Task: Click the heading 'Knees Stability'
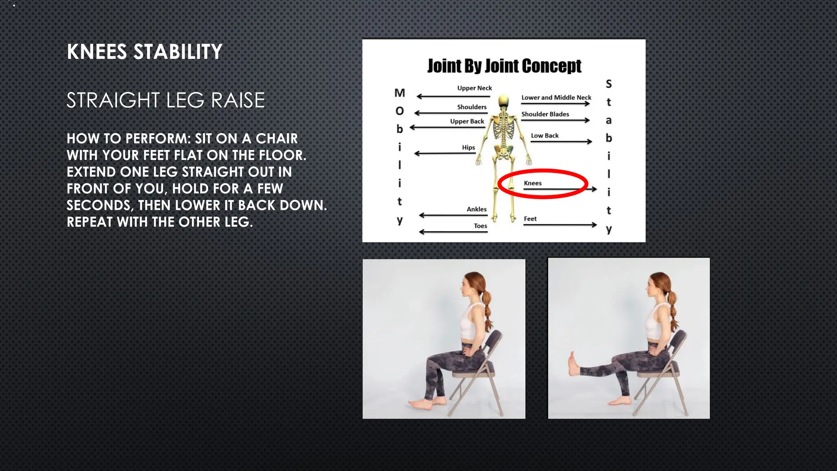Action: point(144,52)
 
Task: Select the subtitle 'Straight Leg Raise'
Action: point(166,100)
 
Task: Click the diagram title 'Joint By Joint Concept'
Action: point(504,66)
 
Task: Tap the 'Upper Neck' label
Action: point(474,88)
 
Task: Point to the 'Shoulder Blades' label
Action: point(545,114)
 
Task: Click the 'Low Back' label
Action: point(544,135)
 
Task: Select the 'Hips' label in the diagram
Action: point(468,147)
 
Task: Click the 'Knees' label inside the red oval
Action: point(533,183)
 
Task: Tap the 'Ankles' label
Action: point(477,209)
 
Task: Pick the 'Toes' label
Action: point(480,226)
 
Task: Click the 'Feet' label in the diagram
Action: point(530,219)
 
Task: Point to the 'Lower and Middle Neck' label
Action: point(556,97)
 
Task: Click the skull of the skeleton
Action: point(504,101)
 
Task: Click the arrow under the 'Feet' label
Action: point(560,225)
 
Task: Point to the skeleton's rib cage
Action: point(504,127)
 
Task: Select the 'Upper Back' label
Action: point(467,121)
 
